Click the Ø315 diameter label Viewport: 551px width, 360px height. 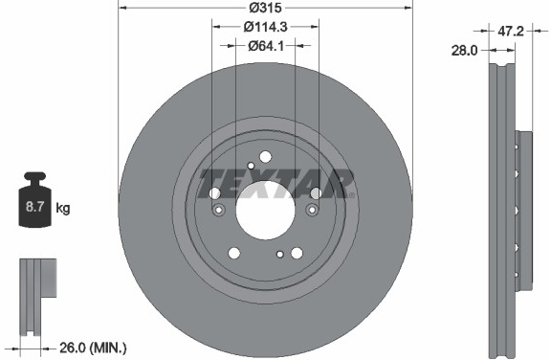[x=265, y=8]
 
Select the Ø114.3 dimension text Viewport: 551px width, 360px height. [x=265, y=27]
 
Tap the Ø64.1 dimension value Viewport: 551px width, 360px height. [x=266, y=46]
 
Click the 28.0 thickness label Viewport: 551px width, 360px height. [x=464, y=51]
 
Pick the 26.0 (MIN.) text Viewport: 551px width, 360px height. [x=93, y=349]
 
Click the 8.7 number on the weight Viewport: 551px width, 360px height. [x=34, y=207]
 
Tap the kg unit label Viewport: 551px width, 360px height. [x=63, y=208]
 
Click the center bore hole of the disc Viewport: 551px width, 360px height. [x=265, y=211]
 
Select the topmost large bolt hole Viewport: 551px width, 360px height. [x=265, y=157]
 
